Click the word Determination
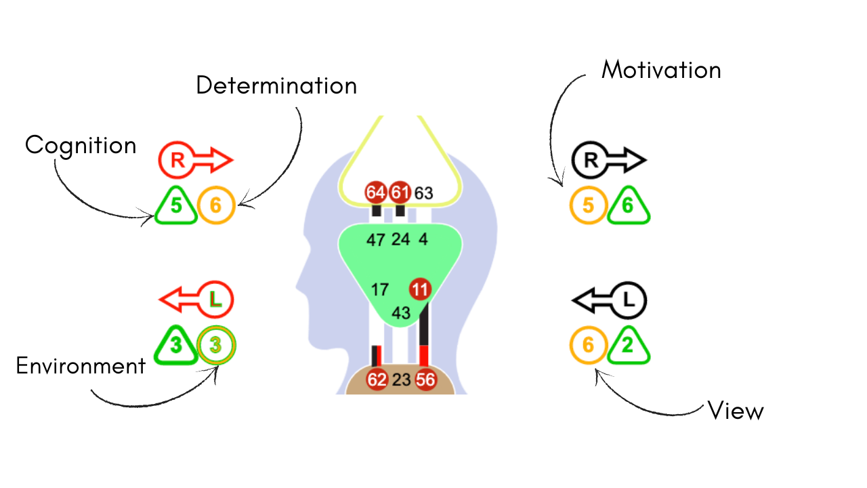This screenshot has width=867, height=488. [276, 85]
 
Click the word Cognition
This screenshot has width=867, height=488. [81, 145]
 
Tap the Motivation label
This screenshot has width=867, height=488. [661, 69]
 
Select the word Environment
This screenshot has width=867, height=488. [81, 366]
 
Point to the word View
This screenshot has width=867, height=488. [736, 410]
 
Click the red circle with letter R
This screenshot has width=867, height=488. [177, 161]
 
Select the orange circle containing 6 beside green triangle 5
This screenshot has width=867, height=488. [215, 205]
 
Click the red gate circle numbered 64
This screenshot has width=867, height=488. [375, 192]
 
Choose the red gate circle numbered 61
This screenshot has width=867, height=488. [400, 192]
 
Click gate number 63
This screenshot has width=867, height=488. [423, 193]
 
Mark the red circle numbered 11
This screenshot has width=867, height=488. [420, 289]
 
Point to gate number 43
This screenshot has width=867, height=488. [401, 313]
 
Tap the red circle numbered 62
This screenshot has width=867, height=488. [377, 380]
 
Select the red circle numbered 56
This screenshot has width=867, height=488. [425, 380]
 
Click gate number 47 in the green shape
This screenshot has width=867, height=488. [375, 239]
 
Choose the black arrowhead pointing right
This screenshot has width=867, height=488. [635, 161]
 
